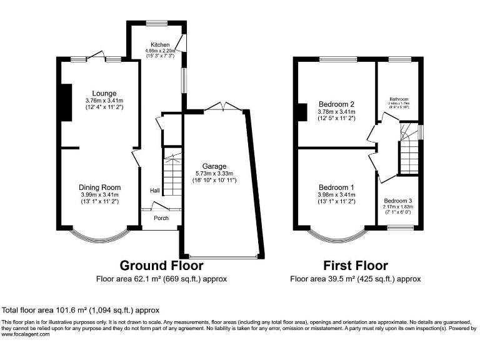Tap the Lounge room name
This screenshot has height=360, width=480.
coord(104,94)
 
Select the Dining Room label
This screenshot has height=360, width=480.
coord(99,187)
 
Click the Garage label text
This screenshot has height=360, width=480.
coord(215,167)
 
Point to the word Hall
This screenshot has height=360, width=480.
coord(154,190)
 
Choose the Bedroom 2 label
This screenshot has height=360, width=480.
coord(337,104)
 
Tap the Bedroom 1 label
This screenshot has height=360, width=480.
coord(337,187)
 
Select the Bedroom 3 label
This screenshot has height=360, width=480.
coord(398,200)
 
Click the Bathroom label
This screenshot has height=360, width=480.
coord(399,99)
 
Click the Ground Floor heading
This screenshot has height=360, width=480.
coord(161,266)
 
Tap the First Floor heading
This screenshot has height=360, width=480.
coord(355,266)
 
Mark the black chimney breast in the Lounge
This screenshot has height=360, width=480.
coord(64,100)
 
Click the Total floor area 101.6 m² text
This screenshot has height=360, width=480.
coord(81,309)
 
